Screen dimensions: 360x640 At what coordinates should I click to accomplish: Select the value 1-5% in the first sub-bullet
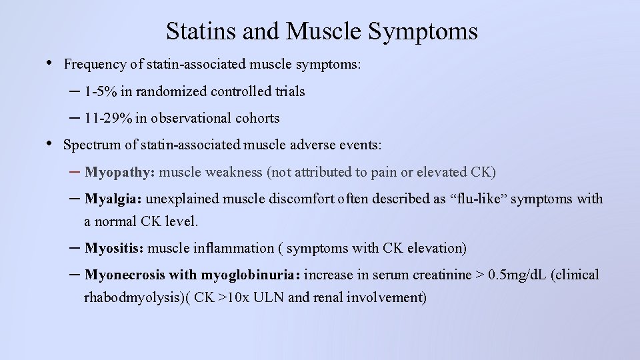(101, 91)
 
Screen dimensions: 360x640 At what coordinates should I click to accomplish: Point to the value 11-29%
(109, 118)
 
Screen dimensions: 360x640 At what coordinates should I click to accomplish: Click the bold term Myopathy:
(120, 172)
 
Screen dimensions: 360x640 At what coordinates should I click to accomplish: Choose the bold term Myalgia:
(113, 199)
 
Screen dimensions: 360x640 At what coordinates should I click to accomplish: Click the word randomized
(167, 91)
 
